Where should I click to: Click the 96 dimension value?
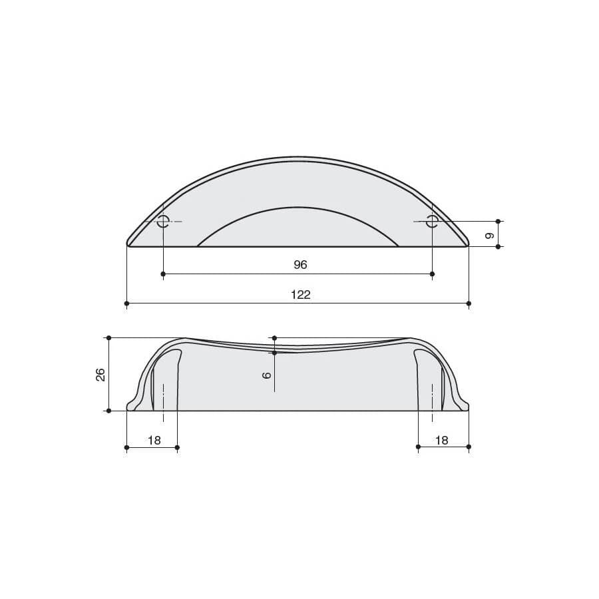300,264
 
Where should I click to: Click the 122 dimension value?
301,295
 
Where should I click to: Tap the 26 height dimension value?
100,375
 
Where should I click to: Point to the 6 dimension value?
267,375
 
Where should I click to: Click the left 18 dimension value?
154,440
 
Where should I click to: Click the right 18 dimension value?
442,440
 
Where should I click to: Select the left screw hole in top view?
164,221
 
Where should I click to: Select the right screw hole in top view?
432,221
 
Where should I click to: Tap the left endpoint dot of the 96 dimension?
163,274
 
